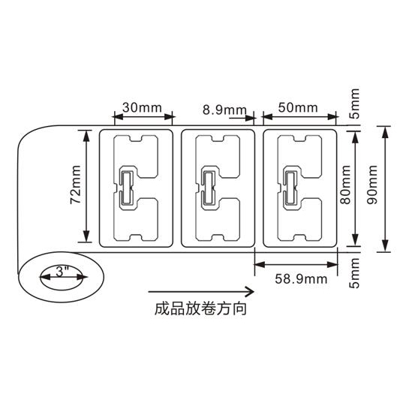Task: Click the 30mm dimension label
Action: pyautogui.click(x=142, y=107)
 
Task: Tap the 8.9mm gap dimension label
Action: pyautogui.click(x=224, y=110)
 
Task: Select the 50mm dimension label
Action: pyautogui.click(x=298, y=107)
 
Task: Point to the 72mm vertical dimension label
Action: pyautogui.click(x=76, y=185)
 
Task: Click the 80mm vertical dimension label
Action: pyautogui.click(x=345, y=185)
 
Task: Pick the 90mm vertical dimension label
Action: pyautogui.click(x=372, y=185)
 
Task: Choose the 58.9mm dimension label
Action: pyautogui.click(x=301, y=279)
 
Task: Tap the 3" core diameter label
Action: pyautogui.click(x=62, y=272)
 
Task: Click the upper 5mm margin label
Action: pyautogui.click(x=355, y=104)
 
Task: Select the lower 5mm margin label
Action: pyautogui.click(x=355, y=273)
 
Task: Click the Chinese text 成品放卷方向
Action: pyautogui.click(x=200, y=308)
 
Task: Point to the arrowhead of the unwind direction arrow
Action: pyautogui.click(x=249, y=292)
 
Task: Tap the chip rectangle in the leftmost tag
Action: pyautogui.click(x=126, y=187)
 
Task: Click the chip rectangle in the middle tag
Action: pyautogui.click(x=208, y=187)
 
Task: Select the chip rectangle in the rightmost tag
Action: pyautogui.click(x=290, y=187)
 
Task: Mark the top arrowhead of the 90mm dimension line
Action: pyautogui.click(x=385, y=132)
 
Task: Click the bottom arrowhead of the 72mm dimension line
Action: pyautogui.click(x=86, y=236)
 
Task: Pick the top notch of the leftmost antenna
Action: pyautogui.click(x=135, y=139)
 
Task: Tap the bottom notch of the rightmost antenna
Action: pyautogui.click(x=299, y=237)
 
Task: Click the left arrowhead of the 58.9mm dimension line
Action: pyautogui.click(x=260, y=264)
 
